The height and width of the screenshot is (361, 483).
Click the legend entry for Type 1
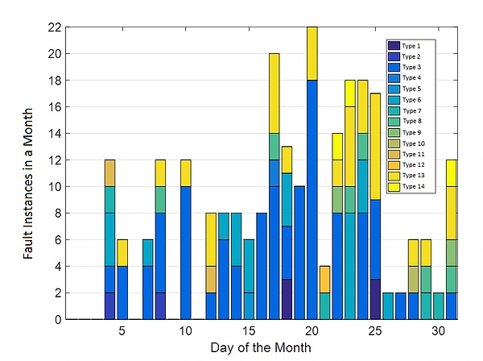[411, 46]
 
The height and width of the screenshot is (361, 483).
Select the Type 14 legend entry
[411, 187]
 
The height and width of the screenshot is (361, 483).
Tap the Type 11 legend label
[411, 154]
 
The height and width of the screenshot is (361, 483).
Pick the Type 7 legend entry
[411, 110]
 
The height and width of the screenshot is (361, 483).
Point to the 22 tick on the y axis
[52, 27]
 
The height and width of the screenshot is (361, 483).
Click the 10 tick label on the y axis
[52, 187]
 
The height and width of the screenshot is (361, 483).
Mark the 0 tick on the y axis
[56, 320]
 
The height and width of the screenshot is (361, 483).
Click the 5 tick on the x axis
[122, 331]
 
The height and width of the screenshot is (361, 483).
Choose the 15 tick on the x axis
[249, 331]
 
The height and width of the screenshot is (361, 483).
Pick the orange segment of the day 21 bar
[324, 279]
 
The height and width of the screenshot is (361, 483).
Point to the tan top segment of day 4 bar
[109, 172]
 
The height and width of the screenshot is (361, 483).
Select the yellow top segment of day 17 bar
[275, 93]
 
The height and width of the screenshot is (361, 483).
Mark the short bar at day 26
[388, 306]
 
